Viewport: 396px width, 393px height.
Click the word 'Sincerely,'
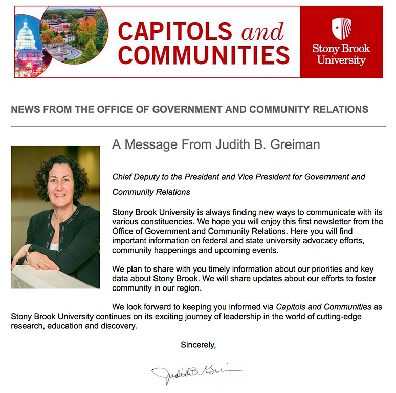(198, 345)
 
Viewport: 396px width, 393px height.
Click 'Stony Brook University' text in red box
(341, 55)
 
